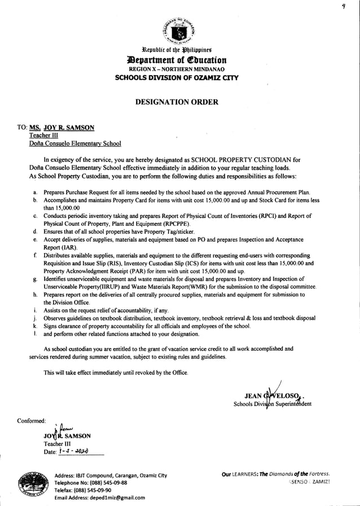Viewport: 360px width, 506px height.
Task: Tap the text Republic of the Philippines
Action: click(x=179, y=50)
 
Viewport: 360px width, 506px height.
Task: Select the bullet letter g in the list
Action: click(x=35, y=279)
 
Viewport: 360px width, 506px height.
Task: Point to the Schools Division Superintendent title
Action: click(x=272, y=404)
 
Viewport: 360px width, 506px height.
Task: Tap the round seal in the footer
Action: click(x=32, y=484)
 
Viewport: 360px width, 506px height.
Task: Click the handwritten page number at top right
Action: click(x=350, y=6)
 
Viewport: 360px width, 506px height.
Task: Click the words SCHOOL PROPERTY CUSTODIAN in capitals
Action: click(x=240, y=160)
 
